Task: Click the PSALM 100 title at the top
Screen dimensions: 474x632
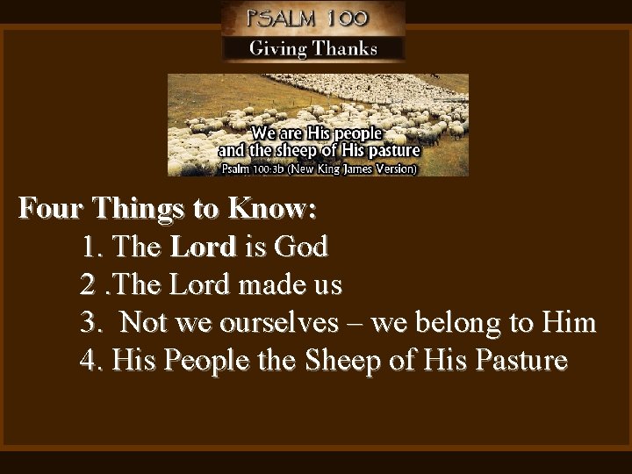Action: click(312, 18)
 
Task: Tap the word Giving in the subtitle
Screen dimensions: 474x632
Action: click(279, 48)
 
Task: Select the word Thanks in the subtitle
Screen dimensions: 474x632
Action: click(344, 48)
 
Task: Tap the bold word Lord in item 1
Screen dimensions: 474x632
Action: click(203, 248)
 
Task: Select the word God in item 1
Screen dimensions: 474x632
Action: click(300, 248)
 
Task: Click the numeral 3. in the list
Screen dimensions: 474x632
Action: click(93, 323)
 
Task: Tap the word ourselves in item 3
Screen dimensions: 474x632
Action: click(284, 323)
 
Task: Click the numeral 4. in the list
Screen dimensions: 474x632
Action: click(93, 361)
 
